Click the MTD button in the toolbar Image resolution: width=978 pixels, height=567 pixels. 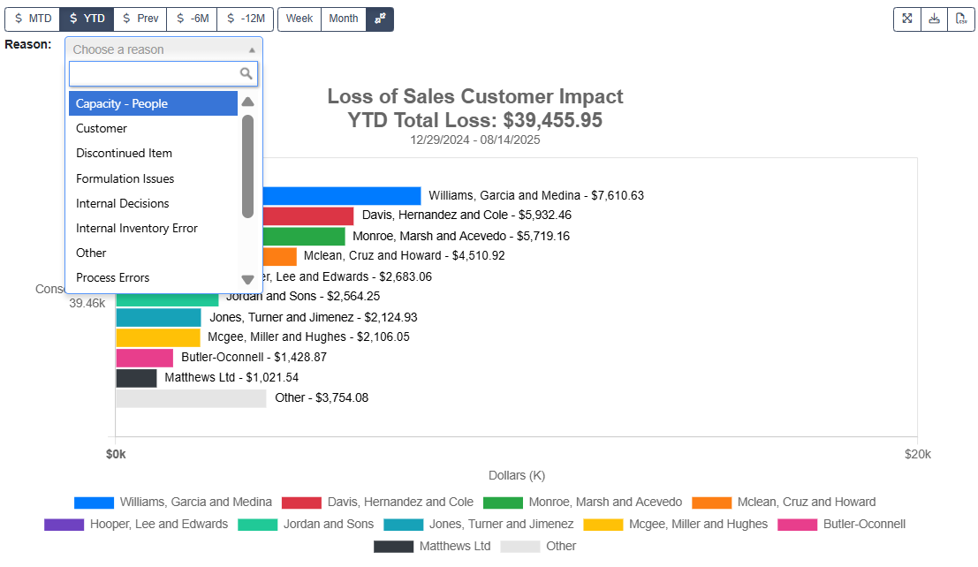pyautogui.click(x=33, y=19)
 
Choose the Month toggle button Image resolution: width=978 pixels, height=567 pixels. pyautogui.click(x=344, y=19)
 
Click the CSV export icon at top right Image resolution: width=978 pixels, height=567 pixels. pyautogui.click(x=960, y=19)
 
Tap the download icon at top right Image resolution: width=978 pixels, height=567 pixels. pyautogui.click(x=934, y=19)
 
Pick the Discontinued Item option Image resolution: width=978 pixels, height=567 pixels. pyautogui.click(x=124, y=153)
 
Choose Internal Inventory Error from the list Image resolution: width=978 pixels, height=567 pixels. pyautogui.click(x=137, y=228)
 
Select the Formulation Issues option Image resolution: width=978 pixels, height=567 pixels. pyautogui.click(x=125, y=178)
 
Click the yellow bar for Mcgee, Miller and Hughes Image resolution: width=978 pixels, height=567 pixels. pyautogui.click(x=158, y=337)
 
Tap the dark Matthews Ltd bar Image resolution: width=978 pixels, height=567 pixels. pyautogui.click(x=136, y=378)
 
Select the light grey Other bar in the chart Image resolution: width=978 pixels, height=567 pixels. pyautogui.click(x=191, y=398)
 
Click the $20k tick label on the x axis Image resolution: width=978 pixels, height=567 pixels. pyautogui.click(x=917, y=454)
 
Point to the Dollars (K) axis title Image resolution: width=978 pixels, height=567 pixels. pyautogui.click(x=516, y=475)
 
